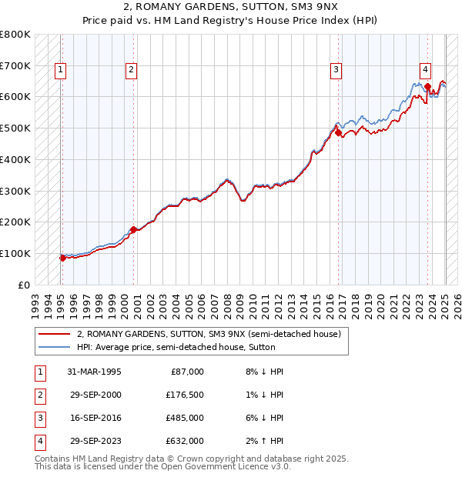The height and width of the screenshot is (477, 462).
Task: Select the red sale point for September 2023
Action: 427,87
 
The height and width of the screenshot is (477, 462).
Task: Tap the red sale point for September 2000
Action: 133,229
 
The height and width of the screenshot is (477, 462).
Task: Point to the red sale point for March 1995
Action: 62,258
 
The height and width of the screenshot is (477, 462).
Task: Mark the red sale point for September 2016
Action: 338,133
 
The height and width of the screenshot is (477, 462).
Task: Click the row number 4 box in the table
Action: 39,441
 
